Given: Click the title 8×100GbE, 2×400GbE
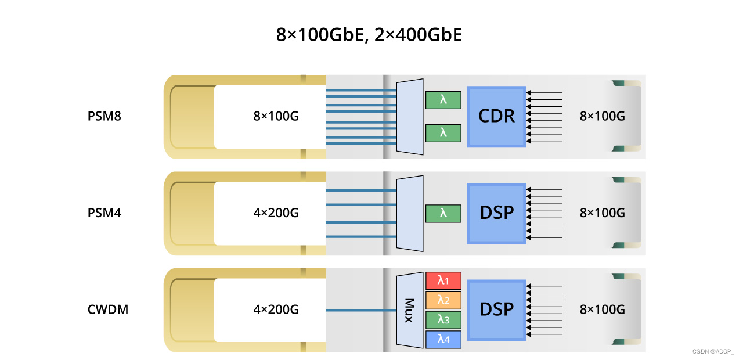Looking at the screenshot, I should (x=369, y=35).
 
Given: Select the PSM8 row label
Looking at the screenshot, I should (x=104, y=116).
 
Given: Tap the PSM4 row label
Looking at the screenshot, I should (x=104, y=213).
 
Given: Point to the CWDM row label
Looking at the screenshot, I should (x=107, y=309).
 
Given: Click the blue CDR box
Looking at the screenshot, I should (x=497, y=116).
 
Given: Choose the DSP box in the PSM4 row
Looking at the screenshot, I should (x=497, y=213).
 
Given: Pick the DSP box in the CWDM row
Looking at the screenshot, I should (x=497, y=309).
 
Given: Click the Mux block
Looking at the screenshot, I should (x=409, y=310).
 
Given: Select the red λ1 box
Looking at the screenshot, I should (x=443, y=281).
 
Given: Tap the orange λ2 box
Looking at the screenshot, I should (x=443, y=300).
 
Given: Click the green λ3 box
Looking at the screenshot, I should (x=443, y=319).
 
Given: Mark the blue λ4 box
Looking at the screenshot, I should (x=443, y=339).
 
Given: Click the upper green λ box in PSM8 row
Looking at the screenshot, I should (x=443, y=100).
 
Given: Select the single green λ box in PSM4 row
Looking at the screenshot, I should (x=443, y=213).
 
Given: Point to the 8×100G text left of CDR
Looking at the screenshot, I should (x=276, y=116).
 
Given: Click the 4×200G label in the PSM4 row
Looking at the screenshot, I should (x=276, y=213).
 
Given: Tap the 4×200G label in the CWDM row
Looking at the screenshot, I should (x=276, y=309).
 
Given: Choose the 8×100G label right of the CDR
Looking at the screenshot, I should (x=603, y=116).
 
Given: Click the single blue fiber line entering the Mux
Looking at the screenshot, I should (x=360, y=310).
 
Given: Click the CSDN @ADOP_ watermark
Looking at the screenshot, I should (x=713, y=352).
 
